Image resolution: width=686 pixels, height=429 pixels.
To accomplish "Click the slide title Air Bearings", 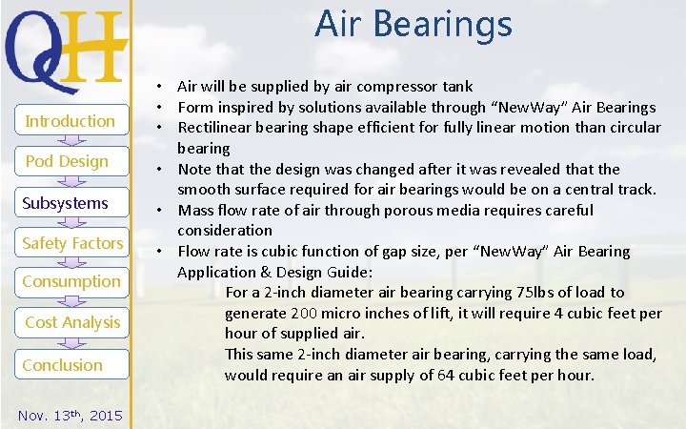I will point(413,24).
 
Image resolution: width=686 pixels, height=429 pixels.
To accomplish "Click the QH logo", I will point(65,47).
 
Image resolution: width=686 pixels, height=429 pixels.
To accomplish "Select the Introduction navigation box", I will point(70,121).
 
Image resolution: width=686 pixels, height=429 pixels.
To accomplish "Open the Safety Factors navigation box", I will point(72,243).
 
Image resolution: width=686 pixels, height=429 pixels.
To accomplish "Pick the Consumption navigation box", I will point(71,281).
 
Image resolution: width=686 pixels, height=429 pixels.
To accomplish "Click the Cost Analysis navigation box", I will point(72,322).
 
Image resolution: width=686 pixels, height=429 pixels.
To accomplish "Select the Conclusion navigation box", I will point(63,365).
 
